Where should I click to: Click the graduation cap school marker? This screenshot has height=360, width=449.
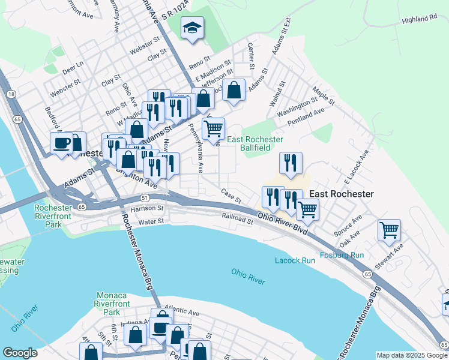pyautogui.click(x=193, y=28)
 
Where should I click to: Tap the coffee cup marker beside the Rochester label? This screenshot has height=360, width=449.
pyautogui.click(x=61, y=143)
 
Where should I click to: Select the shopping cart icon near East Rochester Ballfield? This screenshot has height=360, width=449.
pyautogui.click(x=213, y=128)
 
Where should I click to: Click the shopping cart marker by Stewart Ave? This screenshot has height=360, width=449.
pyautogui.click(x=389, y=229)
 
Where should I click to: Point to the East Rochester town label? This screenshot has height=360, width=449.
pyautogui.click(x=341, y=194)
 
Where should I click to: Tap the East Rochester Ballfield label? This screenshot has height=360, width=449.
pyautogui.click(x=255, y=143)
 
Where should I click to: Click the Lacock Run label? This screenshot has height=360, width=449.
pyautogui.click(x=295, y=260)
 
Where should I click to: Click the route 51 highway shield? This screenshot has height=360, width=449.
pyautogui.click(x=145, y=197)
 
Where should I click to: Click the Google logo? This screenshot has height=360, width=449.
pyautogui.click(x=20, y=353)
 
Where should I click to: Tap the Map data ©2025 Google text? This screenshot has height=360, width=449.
pyautogui.click(x=411, y=355)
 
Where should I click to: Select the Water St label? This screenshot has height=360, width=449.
pyautogui.click(x=151, y=221)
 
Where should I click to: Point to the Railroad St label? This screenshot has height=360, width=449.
pyautogui.click(x=238, y=218)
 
